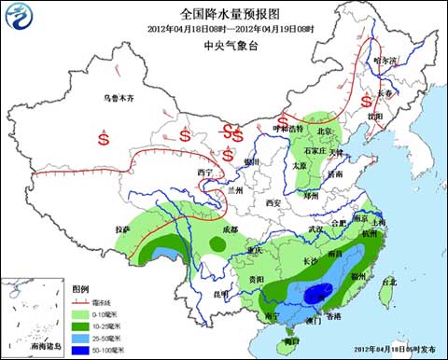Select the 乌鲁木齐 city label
pos(124,97)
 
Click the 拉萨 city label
pos(123,228)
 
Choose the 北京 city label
pos(324,132)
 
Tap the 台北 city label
pos(390,280)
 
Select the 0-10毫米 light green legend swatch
pos(82,315)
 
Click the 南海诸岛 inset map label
pos(44,346)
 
